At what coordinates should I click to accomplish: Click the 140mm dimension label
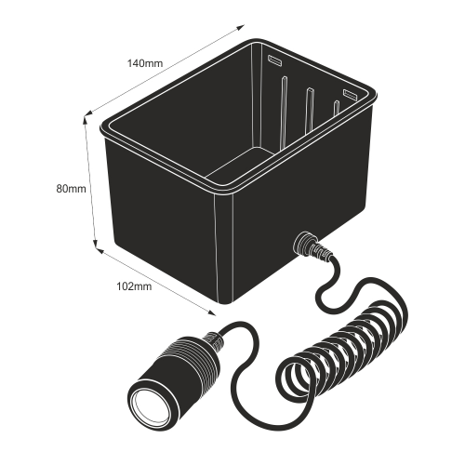(x=145, y=63)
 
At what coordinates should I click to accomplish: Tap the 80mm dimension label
(x=71, y=189)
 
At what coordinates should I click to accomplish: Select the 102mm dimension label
(x=134, y=286)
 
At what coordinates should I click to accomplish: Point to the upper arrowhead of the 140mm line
(x=241, y=27)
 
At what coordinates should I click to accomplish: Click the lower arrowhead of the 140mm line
(x=88, y=113)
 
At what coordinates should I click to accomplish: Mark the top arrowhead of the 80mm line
(x=85, y=120)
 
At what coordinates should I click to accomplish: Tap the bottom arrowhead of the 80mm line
(x=96, y=245)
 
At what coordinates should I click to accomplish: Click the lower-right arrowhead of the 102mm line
(x=212, y=312)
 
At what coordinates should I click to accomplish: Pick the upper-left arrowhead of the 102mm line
(x=100, y=250)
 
